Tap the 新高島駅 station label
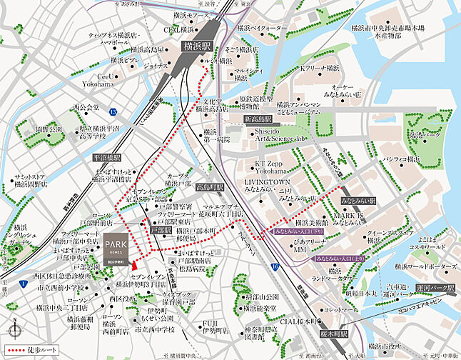point(260,118)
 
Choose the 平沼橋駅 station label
point(107,156)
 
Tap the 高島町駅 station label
point(209,187)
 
